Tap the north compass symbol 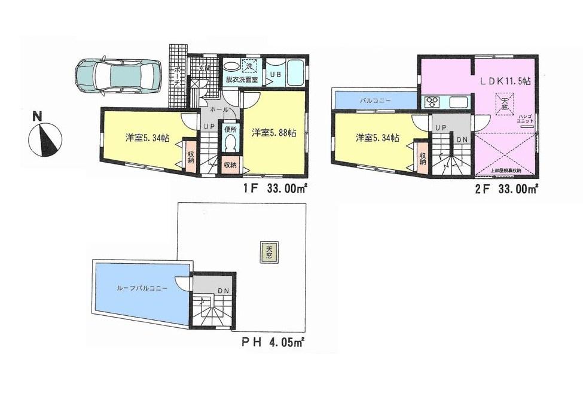45,138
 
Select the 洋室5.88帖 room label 274,133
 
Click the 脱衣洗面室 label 242,78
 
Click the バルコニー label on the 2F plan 375,101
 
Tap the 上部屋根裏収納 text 506,170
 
